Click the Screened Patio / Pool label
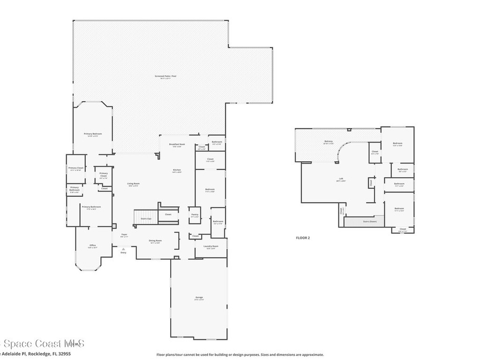tap(165, 76)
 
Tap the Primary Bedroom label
tap(93, 134)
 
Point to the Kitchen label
tap(177, 170)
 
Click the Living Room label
tap(133, 184)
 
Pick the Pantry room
tap(195, 216)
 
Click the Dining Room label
tap(155, 241)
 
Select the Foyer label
tap(124, 234)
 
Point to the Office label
tap(93, 246)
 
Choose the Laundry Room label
tap(211, 246)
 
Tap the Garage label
tap(199, 298)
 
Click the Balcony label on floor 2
tap(329, 142)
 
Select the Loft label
tap(341, 179)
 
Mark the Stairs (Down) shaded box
tap(364, 221)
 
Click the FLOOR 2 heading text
tap(303, 238)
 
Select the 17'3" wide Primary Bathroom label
tap(91, 206)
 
